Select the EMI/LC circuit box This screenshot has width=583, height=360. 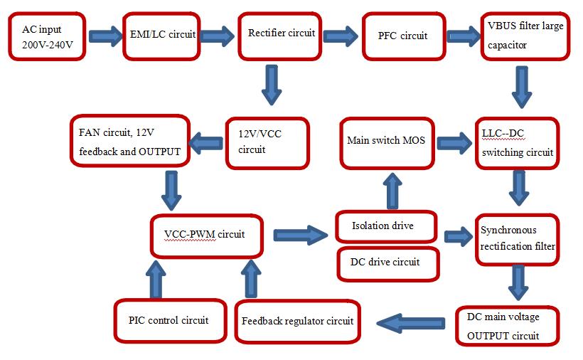pyautogui.click(x=162, y=35)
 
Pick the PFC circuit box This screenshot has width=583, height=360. pyautogui.click(x=402, y=36)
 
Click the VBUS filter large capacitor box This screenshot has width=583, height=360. pyautogui.click(x=525, y=36)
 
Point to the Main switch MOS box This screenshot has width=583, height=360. pyautogui.click(x=386, y=141)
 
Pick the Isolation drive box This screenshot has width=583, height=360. pyautogui.click(x=384, y=226)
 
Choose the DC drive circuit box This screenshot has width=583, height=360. pyautogui.click(x=385, y=262)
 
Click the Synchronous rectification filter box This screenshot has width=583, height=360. pyautogui.click(x=518, y=239)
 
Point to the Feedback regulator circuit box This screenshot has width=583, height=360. pyautogui.click(x=297, y=322)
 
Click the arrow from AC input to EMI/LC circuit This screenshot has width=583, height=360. pyautogui.click(x=106, y=35)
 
